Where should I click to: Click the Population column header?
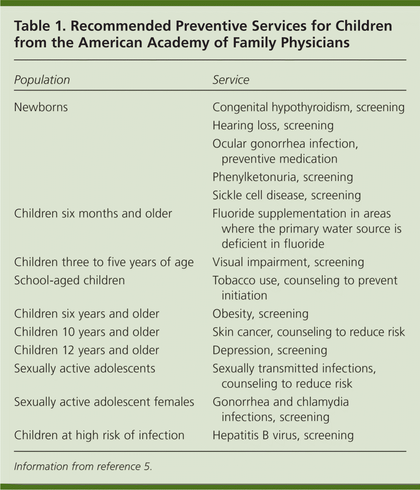click(42, 80)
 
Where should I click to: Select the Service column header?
click(231, 80)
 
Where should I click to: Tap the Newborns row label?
click(41, 107)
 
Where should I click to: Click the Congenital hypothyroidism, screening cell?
click(308, 107)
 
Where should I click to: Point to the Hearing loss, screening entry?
click(273, 125)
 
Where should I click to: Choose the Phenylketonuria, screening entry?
click(282, 177)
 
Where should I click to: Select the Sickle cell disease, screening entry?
click(286, 195)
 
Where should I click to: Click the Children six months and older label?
click(93, 213)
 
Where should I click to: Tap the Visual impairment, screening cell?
click(288, 262)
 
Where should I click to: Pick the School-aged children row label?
click(69, 280)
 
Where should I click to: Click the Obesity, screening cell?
click(260, 314)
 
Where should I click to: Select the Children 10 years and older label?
click(87, 332)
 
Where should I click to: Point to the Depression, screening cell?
click(270, 350)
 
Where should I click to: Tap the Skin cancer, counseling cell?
click(308, 332)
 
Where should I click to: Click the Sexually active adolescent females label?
click(104, 402)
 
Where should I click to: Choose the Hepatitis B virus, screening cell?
click(283, 435)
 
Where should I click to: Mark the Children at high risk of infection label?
click(99, 435)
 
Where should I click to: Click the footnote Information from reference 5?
click(83, 467)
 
